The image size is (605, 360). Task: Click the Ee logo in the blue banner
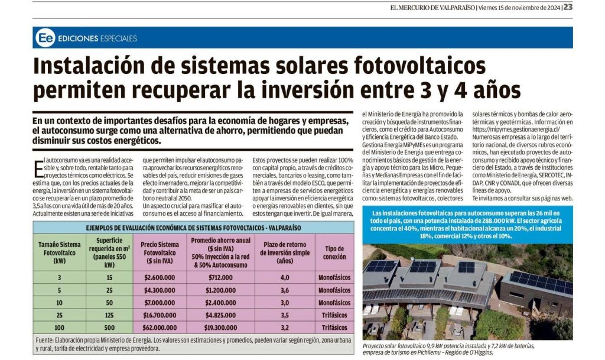coord(45,38)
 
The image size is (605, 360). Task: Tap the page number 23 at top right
coord(568,8)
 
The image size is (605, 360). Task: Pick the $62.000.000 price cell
coord(161,327)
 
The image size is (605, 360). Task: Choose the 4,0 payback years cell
coord(284,277)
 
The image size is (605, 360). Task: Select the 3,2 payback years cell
coord(284,327)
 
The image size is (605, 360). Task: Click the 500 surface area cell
coord(108,327)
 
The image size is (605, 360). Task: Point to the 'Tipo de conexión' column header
coord(334,252)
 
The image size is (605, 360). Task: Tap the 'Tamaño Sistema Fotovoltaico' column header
coord(59,252)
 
